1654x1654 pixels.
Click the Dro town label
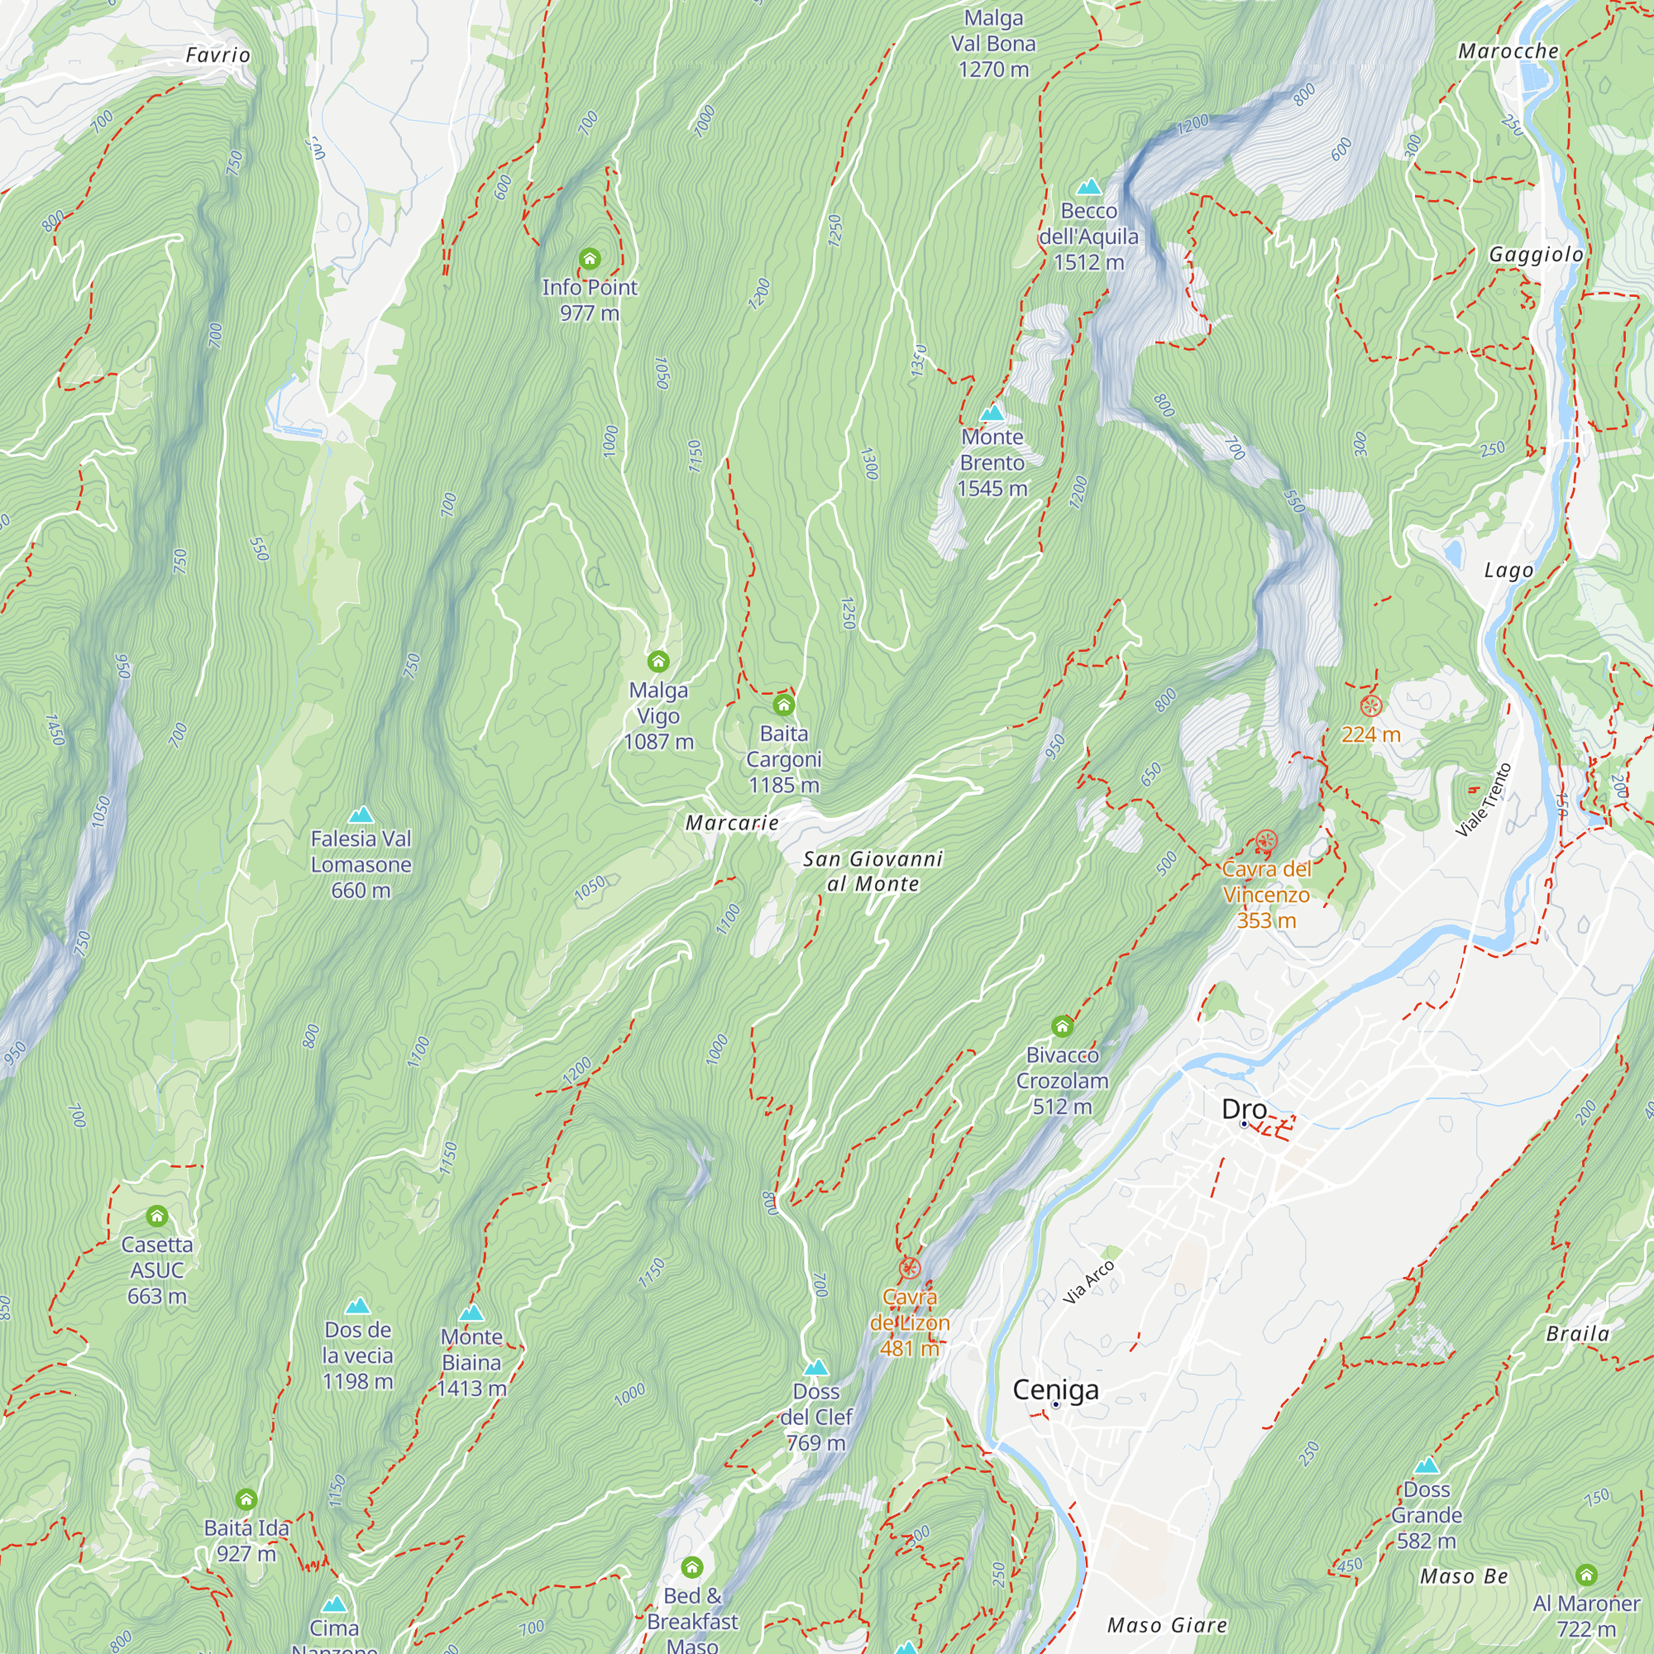[x=1243, y=1109]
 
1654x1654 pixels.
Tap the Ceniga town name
[x=1054, y=1389]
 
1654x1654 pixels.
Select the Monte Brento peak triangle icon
[x=992, y=413]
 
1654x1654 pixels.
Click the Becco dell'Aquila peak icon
[x=1088, y=187]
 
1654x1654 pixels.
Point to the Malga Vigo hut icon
[x=657, y=661]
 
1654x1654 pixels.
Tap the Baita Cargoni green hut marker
[x=783, y=705]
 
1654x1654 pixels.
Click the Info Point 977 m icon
[x=589, y=258]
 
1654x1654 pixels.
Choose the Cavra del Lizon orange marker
[x=909, y=1268]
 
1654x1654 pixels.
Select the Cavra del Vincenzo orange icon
[x=1266, y=841]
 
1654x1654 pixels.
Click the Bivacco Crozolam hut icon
[x=1062, y=1025]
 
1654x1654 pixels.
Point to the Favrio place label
[x=218, y=55]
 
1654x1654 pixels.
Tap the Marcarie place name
[x=732, y=823]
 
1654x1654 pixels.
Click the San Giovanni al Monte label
[x=872, y=871]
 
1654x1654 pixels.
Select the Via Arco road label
[x=1088, y=1283]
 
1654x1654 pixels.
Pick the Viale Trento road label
[x=1484, y=800]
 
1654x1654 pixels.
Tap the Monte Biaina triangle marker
[x=471, y=1313]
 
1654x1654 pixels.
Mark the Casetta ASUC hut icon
[x=156, y=1216]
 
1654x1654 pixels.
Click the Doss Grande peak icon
[x=1427, y=1465]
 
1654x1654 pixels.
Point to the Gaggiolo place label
[x=1536, y=254]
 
